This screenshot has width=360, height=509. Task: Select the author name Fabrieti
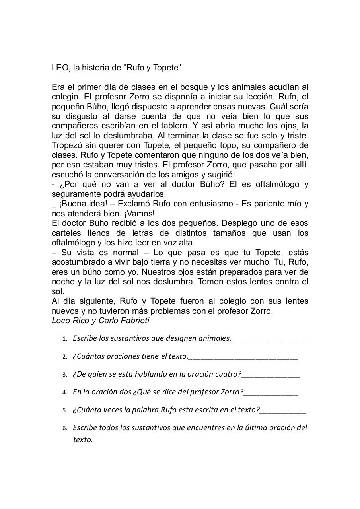tap(134, 321)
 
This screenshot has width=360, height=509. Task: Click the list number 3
tap(64, 375)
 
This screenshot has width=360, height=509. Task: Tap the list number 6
tap(64, 428)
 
